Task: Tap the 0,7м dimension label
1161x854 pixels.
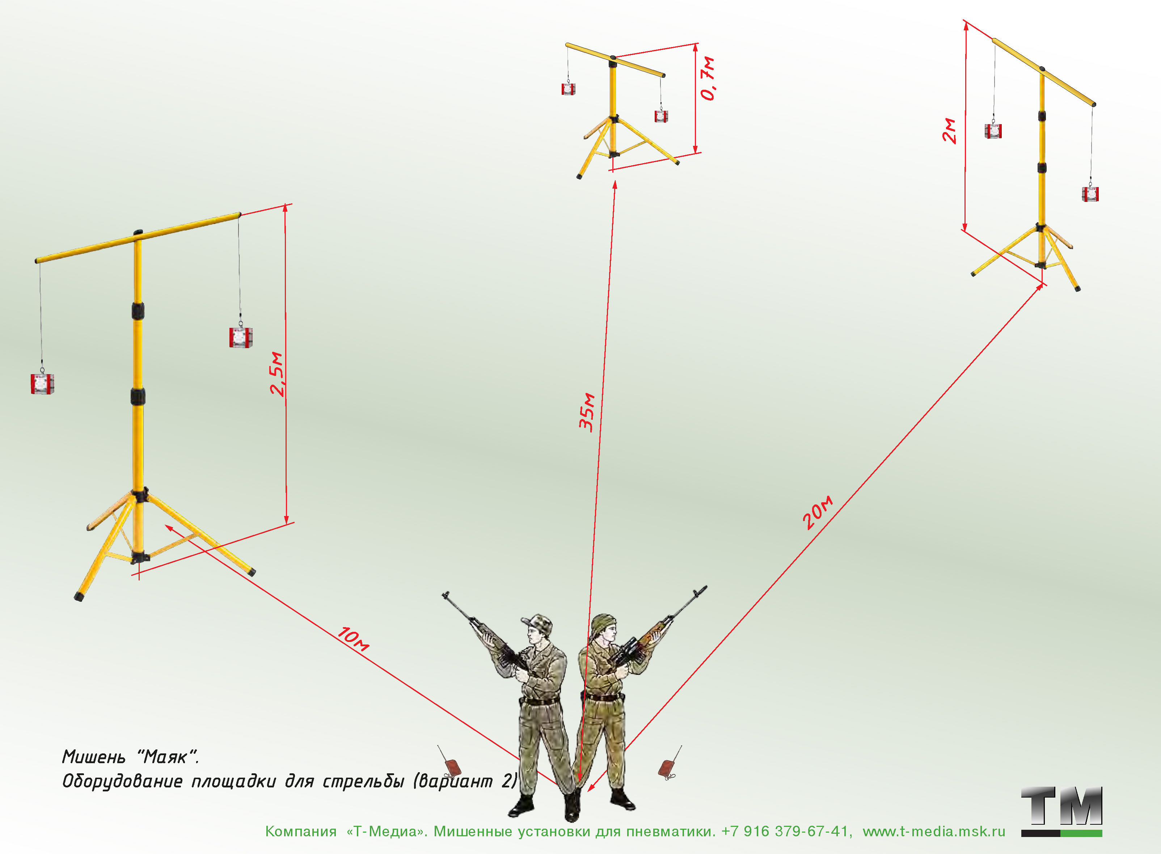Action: [x=708, y=78]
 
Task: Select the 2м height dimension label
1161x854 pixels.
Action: [x=949, y=130]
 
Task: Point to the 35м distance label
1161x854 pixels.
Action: [x=587, y=412]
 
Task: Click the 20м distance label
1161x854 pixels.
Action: [x=818, y=512]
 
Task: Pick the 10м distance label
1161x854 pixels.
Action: [x=354, y=639]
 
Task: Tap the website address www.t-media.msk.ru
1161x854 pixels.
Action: [x=934, y=831]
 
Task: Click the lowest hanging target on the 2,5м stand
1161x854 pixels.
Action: [x=42, y=383]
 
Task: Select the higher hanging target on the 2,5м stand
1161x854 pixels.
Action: [x=241, y=337]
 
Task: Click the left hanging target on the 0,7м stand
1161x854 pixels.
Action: [x=568, y=89]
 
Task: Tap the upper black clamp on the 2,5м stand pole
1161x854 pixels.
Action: [x=138, y=311]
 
